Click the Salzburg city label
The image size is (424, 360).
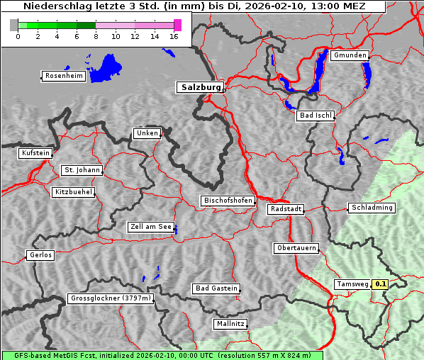pyautogui.click(x=199, y=87)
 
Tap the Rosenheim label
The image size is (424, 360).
pyautogui.click(x=63, y=76)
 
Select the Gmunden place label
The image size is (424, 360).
pyautogui.click(x=350, y=55)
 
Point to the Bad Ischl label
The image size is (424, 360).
pyautogui.click(x=315, y=116)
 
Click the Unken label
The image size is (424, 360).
pyautogui.click(x=146, y=133)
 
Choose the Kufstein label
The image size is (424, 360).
pyautogui.click(x=35, y=153)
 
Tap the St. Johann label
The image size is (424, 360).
pyautogui.click(x=82, y=170)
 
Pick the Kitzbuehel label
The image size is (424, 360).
pyautogui.click(x=73, y=192)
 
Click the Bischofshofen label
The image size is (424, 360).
pyautogui.click(x=228, y=201)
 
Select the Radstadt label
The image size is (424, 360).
pyautogui.click(x=286, y=209)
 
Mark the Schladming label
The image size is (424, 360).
pyautogui.click(x=371, y=208)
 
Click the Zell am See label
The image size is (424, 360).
pyautogui.click(x=150, y=227)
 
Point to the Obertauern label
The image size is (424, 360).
pyautogui.click(x=296, y=248)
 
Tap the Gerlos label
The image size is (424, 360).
pyautogui.click(x=40, y=255)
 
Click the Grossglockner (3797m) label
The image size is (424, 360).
pyautogui.click(x=111, y=298)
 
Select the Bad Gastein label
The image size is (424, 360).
pyautogui.click(x=216, y=288)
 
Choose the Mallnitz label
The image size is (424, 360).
pyautogui.click(x=230, y=324)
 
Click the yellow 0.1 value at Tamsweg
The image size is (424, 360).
pyautogui.click(x=381, y=284)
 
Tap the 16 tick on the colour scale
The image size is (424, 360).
pyautogui.click(x=174, y=37)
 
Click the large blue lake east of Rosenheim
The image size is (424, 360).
pyautogui.click(x=107, y=67)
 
